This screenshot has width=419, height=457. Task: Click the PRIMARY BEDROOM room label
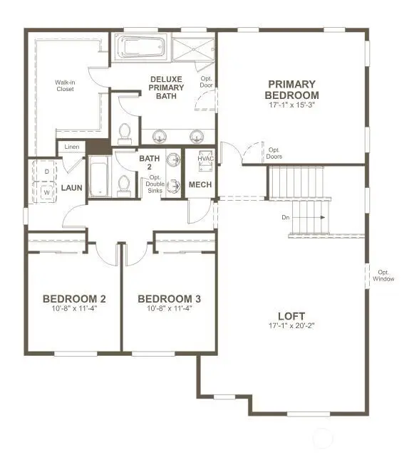[x=291, y=89]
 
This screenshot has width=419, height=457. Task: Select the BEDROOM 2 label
[x=74, y=298]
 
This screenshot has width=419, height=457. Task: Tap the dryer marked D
[x=46, y=172]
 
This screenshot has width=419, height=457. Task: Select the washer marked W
[x=46, y=192]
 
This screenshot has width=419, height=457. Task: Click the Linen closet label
[x=71, y=147]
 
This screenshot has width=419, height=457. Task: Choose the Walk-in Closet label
[x=66, y=85]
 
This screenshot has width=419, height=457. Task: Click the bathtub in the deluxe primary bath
[x=143, y=47]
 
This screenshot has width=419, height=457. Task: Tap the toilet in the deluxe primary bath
[x=125, y=132]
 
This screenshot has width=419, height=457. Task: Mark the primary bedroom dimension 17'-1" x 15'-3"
[x=291, y=105]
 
